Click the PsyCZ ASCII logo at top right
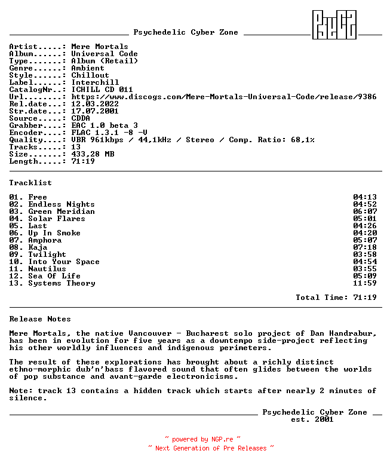point(335,25)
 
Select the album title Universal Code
point(105,54)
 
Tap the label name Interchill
point(95,82)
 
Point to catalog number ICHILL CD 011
point(102,90)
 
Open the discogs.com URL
point(224,97)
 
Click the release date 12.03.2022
point(95,104)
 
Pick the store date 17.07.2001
point(95,111)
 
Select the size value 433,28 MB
point(93,154)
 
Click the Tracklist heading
point(30,183)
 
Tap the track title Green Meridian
point(62,211)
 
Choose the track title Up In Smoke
point(54,233)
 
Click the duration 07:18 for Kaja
point(365,247)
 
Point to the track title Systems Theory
point(62,283)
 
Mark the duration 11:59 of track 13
point(365,283)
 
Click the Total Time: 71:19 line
point(336,298)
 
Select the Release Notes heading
point(40,319)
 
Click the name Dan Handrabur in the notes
point(343,333)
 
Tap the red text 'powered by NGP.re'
point(202,440)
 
